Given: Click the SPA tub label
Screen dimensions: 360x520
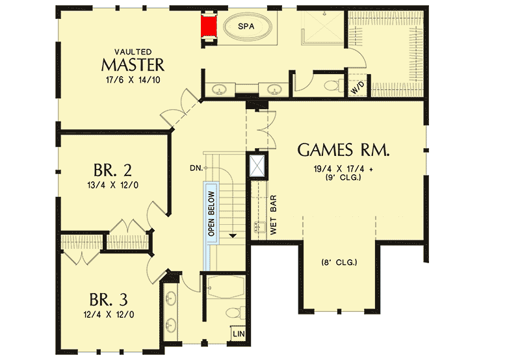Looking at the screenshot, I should point(245,27).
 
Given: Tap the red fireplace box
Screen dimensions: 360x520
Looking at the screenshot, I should point(209,27).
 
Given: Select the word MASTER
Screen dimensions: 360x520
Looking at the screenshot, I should point(133,64).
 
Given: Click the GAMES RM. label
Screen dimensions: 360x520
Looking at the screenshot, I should point(344,151).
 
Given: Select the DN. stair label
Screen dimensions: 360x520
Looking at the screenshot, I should point(196,168).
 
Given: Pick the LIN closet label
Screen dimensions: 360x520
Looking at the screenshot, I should point(238,334).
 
